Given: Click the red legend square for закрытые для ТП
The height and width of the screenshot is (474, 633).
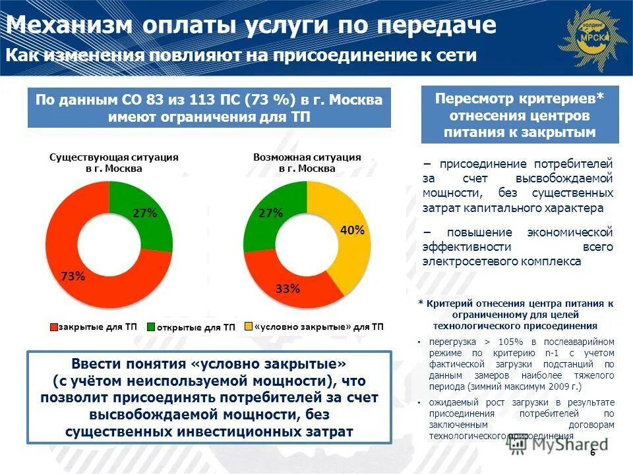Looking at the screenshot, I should [53, 326].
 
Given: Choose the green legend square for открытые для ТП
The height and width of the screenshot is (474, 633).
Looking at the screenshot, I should [151, 327].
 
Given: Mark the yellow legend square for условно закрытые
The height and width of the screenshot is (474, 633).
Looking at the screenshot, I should [249, 326].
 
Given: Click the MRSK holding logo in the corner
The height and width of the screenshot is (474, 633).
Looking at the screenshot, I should [590, 36].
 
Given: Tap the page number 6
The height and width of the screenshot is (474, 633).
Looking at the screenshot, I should [592, 453].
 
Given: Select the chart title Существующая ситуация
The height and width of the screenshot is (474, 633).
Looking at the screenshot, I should [114, 158].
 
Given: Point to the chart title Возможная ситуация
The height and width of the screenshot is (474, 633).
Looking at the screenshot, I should [307, 158].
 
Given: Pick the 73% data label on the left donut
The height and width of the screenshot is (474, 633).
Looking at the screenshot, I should [73, 276].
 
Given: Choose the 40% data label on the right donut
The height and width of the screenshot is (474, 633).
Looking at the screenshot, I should [351, 230].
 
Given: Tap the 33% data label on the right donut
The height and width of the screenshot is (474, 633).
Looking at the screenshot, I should [288, 288].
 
